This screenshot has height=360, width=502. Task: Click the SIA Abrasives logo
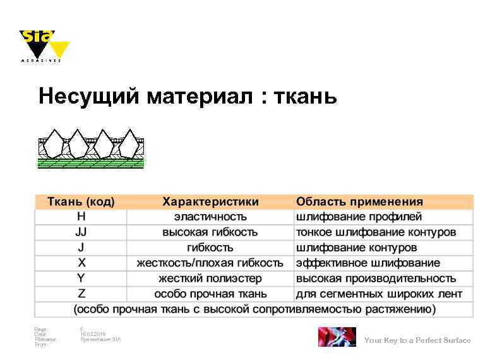[x=44, y=45]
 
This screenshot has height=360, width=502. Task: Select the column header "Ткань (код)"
[x=81, y=201]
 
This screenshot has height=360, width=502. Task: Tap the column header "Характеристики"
[x=210, y=201]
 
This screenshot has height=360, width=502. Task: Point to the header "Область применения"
[x=359, y=201]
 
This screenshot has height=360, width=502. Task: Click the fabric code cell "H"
[x=81, y=217]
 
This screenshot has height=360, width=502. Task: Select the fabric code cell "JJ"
[x=81, y=232]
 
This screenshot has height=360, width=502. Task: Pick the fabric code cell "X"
[x=81, y=263]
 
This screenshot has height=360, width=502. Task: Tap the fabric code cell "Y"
[x=81, y=278]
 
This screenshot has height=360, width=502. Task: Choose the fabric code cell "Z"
[x=81, y=294]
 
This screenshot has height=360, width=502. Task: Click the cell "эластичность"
[x=210, y=217]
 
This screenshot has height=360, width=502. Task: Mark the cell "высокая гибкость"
[x=210, y=232]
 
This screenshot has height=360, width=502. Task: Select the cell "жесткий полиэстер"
[x=210, y=278]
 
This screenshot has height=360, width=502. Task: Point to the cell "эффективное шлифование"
[x=368, y=263]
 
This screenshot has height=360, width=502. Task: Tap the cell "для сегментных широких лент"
[x=379, y=294]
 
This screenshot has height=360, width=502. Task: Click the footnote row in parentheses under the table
[x=254, y=309]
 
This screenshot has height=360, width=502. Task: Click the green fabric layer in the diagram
[x=92, y=163]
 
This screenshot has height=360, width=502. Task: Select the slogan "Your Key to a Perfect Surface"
[x=417, y=340]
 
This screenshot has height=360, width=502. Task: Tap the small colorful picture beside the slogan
[x=337, y=337]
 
